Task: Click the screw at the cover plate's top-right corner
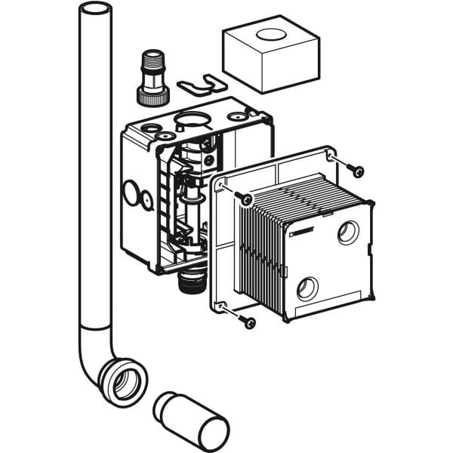pos(358,169)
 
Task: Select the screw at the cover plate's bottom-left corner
pos(248,323)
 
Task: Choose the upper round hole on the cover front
pos(348,233)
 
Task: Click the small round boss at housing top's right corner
pos(242,117)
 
